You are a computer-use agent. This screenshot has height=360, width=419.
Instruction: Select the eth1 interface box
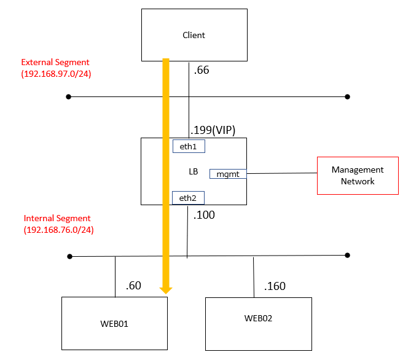pyautogui.click(x=189, y=147)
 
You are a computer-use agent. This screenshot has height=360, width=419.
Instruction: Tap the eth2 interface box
pyautogui.click(x=189, y=197)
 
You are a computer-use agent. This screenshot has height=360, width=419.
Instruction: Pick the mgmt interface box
pyautogui.click(x=228, y=174)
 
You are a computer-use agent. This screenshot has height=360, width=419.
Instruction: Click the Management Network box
pyautogui.click(x=358, y=175)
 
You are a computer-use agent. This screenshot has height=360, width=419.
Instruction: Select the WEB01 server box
pyautogui.click(x=115, y=323)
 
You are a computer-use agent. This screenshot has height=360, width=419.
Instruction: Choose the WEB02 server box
pyautogui.click(x=258, y=318)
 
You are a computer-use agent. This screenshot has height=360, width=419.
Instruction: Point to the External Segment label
pyautogui.click(x=55, y=62)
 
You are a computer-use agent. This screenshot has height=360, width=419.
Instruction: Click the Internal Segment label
pyautogui.click(x=57, y=218)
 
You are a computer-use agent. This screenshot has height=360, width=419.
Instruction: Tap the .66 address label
pyautogui.click(x=201, y=70)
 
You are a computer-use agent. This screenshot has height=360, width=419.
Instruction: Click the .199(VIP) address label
pyautogui.click(x=213, y=129)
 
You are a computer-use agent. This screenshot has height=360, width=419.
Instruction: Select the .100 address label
pyautogui.click(x=205, y=216)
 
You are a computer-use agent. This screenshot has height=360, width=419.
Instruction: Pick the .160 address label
pyautogui.click(x=275, y=286)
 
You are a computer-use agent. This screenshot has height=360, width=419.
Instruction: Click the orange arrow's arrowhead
pyautogui.click(x=166, y=288)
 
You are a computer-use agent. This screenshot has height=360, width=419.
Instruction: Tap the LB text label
pyautogui.click(x=193, y=171)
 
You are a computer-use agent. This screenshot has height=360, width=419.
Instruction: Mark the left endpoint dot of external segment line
pyautogui.click(x=69, y=96)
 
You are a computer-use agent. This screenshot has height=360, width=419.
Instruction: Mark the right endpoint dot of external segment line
pyautogui.click(x=347, y=96)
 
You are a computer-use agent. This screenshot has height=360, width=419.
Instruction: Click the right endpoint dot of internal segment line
pyautogui.click(x=347, y=255)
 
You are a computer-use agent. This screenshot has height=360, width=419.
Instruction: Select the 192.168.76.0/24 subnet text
pyautogui.click(x=58, y=230)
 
